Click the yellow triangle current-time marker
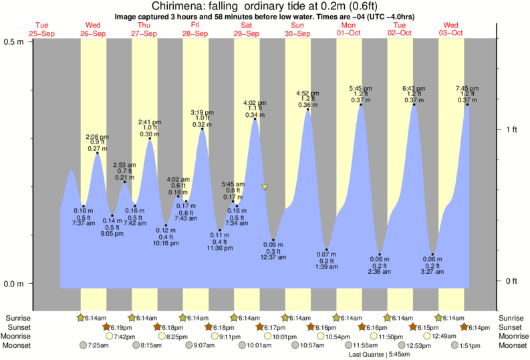point(265,188)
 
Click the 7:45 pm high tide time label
point(467,88)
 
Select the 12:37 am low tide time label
point(273,258)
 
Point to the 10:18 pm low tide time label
point(166,243)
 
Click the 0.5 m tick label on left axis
point(14,41)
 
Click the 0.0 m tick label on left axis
point(14,283)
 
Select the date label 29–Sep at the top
point(247,33)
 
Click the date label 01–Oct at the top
point(349,33)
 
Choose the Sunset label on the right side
point(511,327)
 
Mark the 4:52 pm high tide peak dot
point(308,109)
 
